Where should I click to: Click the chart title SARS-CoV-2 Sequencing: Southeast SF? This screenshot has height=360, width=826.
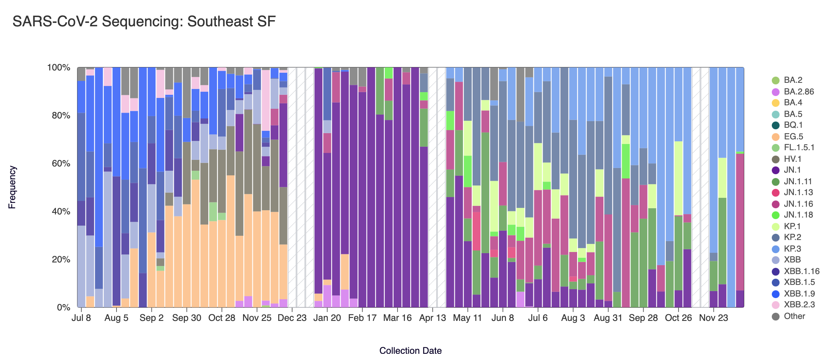(144, 22)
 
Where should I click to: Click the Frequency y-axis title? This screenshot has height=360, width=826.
(12, 187)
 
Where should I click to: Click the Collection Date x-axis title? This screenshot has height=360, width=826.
(410, 351)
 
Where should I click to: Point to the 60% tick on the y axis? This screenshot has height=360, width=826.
(59, 163)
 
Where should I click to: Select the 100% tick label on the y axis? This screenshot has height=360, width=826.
(58, 68)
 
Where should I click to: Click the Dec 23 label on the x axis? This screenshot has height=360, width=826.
(292, 318)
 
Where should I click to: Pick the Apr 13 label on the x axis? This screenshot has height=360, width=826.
(432, 318)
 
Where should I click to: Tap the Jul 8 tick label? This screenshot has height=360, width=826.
(81, 318)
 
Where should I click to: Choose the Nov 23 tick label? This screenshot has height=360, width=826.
(713, 318)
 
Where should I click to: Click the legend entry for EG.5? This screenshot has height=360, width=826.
(793, 137)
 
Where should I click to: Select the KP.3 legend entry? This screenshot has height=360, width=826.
(792, 249)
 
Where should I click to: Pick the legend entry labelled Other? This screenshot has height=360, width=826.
(794, 316)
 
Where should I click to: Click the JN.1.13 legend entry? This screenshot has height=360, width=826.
(798, 192)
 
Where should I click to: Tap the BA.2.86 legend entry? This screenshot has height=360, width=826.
(799, 92)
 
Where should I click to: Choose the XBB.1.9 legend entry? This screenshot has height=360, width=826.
(799, 294)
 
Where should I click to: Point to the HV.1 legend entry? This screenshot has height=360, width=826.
(792, 159)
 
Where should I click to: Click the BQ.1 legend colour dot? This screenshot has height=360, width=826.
(776, 125)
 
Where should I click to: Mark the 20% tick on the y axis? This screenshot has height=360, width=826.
(59, 259)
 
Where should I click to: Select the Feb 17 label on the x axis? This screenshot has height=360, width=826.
(362, 318)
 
